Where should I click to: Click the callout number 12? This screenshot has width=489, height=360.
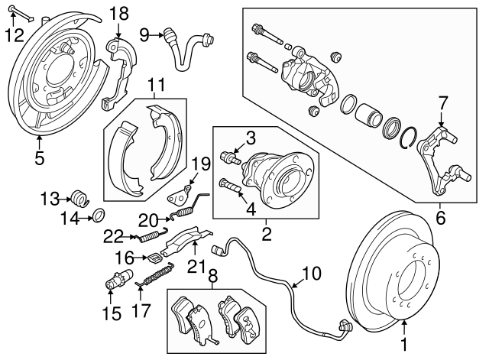click(x=14, y=34)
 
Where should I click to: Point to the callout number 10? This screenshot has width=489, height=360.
click(x=313, y=272)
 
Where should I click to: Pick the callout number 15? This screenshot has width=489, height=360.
click(x=112, y=313)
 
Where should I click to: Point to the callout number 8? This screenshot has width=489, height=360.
click(x=212, y=276)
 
